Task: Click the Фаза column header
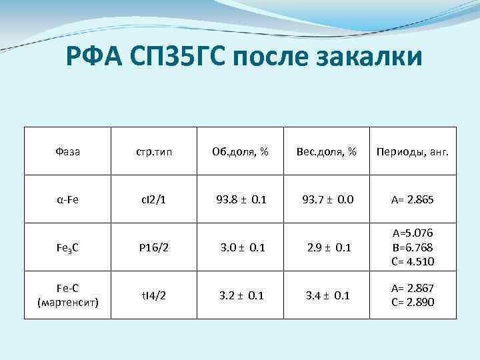[x=67, y=151]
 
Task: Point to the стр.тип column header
[x=154, y=151]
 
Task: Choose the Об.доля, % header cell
[x=241, y=151]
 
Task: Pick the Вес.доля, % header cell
[x=327, y=151]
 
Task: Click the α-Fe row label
[x=67, y=199]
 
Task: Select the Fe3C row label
[x=67, y=248]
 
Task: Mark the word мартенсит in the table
[x=67, y=303]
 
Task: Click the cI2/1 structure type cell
[x=154, y=199]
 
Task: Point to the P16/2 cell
[x=154, y=247]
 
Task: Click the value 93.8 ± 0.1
[x=241, y=199]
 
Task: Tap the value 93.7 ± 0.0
[x=327, y=199]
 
